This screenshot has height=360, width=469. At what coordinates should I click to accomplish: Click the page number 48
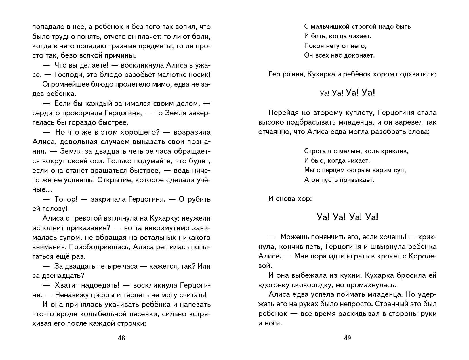click(x=121, y=338)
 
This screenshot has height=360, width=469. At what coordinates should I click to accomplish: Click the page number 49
click(x=347, y=338)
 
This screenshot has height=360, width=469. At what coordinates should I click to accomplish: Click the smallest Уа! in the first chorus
click(x=325, y=93)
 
